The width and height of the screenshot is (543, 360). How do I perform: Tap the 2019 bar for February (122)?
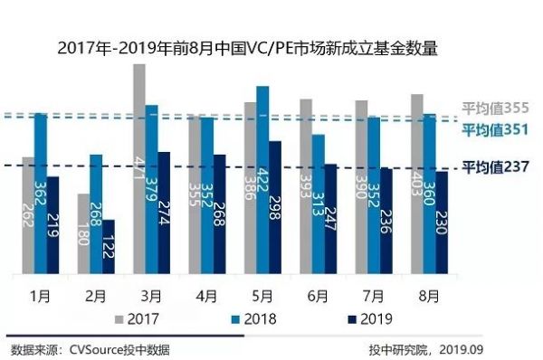pyautogui.click(x=109, y=246)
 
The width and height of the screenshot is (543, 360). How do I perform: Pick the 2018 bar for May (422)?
pyautogui.click(x=262, y=180)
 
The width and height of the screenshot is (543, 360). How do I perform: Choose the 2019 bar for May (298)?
pyautogui.click(x=275, y=207)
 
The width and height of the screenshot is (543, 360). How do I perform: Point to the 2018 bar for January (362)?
pyautogui.click(x=40, y=194)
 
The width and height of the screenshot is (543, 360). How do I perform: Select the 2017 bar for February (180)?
pyautogui.click(x=83, y=233)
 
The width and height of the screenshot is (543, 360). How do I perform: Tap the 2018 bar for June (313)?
pyautogui.click(x=318, y=204)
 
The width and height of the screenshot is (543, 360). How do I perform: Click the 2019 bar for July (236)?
pyautogui.click(x=386, y=221)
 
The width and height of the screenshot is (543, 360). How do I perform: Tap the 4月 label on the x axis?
pyautogui.click(x=205, y=295)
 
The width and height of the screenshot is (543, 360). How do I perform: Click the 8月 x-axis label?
pyautogui.click(x=429, y=295)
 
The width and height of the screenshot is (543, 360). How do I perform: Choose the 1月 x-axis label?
pyautogui.click(x=40, y=295)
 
